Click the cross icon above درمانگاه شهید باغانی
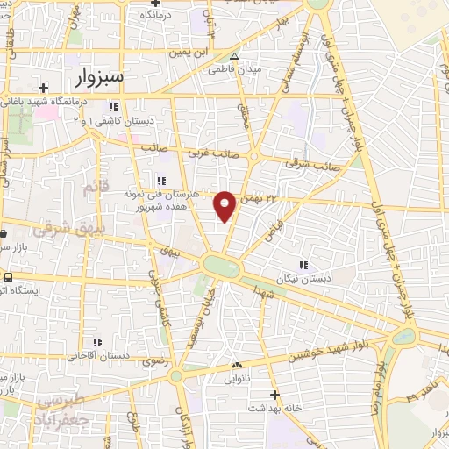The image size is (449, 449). click(x=43, y=87)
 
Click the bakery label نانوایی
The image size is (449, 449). click(x=237, y=379)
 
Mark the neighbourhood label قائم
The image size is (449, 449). click(x=89, y=189)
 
